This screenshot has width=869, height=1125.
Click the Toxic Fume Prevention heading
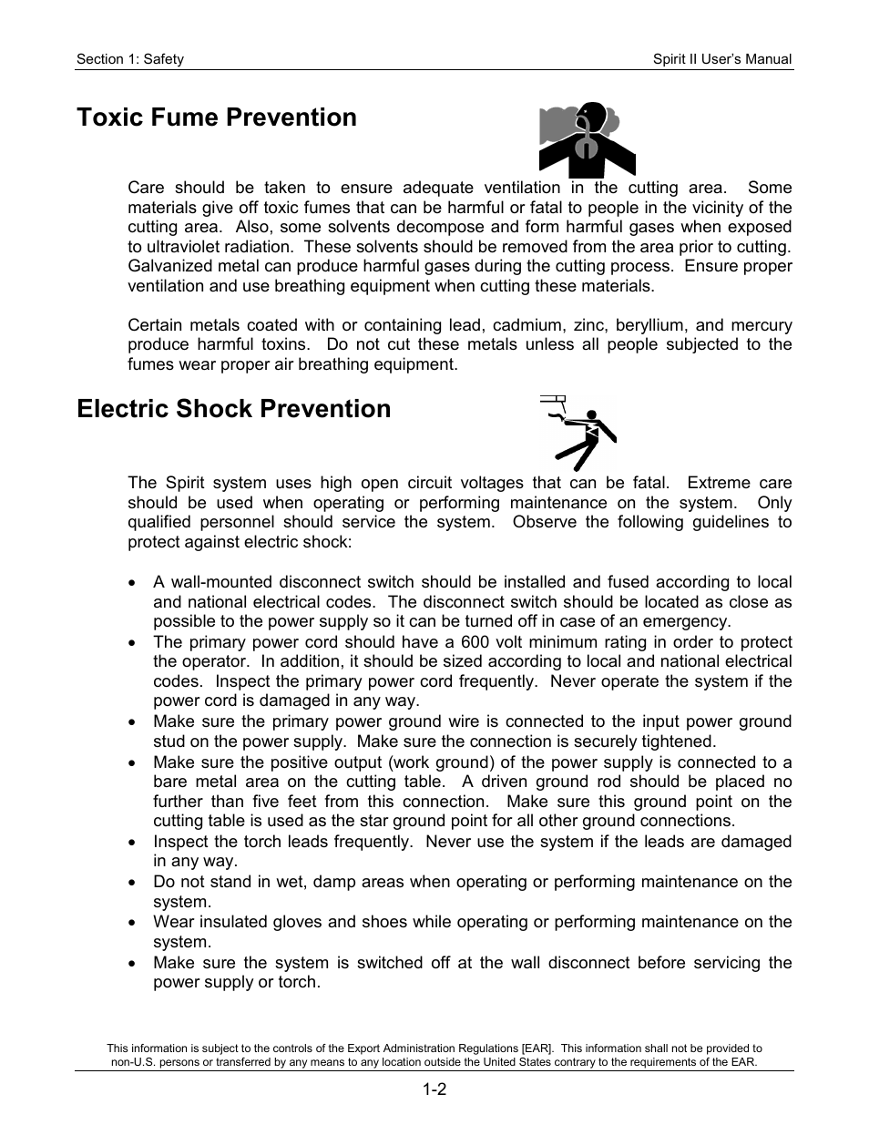pyautogui.click(x=217, y=118)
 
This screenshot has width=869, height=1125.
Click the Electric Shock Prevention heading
pyautogui.click(x=234, y=409)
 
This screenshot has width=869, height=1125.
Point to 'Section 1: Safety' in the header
pyautogui.click(x=130, y=59)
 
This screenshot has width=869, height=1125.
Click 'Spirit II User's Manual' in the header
pyautogui.click(x=722, y=59)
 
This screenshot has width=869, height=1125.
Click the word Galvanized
pyautogui.click(x=169, y=266)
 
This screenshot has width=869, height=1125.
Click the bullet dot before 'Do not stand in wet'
pyautogui.click(x=134, y=883)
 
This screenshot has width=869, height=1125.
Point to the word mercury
pyautogui.click(x=763, y=325)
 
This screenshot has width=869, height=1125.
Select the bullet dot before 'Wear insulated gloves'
pyautogui.click(x=134, y=923)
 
